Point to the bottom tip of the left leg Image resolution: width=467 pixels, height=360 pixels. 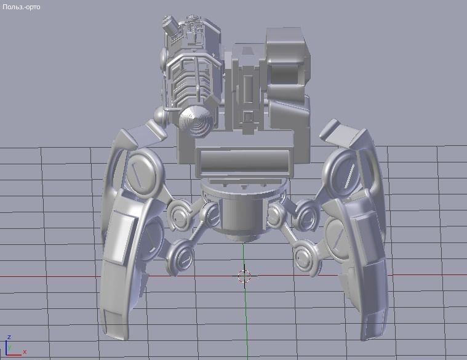114,332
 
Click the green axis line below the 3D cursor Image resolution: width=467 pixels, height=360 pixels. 244,320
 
